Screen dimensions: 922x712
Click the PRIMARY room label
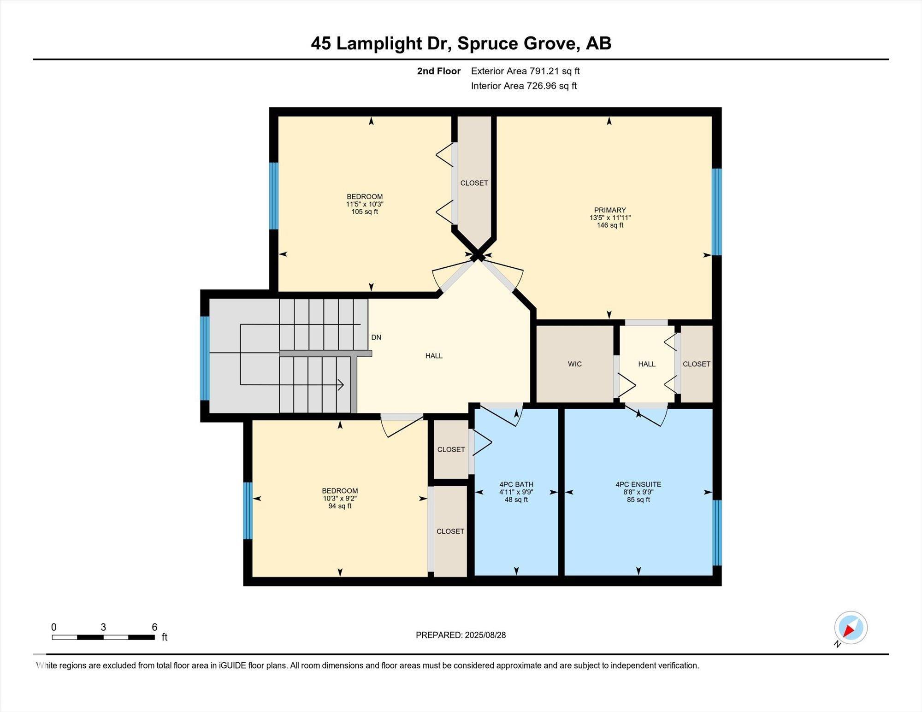point(610,210)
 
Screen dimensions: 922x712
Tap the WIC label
point(575,364)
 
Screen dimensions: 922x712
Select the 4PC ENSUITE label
point(638,484)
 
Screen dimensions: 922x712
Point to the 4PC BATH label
point(516,484)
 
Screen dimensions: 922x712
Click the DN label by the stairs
point(376,337)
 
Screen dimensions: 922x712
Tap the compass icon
point(851,628)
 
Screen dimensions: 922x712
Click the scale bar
point(103,637)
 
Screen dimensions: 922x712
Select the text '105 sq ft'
point(365,212)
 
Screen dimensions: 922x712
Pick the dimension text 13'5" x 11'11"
point(610,218)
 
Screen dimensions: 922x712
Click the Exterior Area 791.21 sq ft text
point(525,71)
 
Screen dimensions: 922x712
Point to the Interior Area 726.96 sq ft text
point(524,86)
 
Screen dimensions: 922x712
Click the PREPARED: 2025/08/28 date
point(461,635)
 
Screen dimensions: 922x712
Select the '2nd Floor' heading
point(439,71)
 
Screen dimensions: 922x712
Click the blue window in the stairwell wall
point(205,358)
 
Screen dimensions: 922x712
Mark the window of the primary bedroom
point(717,212)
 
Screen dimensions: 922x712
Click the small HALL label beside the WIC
point(647,364)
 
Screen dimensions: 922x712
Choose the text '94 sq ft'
point(340,506)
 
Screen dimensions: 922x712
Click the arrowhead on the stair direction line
point(341,384)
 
